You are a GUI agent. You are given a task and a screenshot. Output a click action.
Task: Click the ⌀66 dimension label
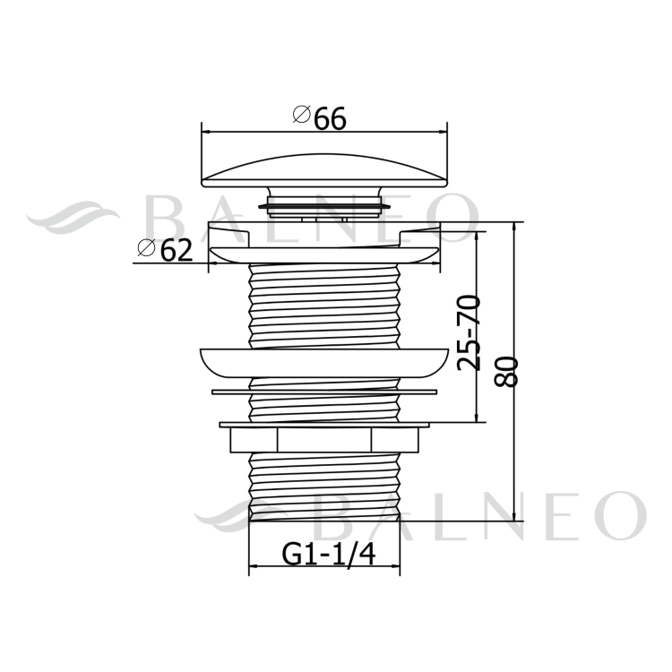click(319, 117)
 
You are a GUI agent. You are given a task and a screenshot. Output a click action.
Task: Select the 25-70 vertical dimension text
click(469, 332)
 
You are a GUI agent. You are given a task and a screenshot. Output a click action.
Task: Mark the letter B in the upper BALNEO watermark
click(165, 219)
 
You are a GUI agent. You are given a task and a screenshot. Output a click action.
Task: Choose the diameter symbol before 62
click(145, 250)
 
